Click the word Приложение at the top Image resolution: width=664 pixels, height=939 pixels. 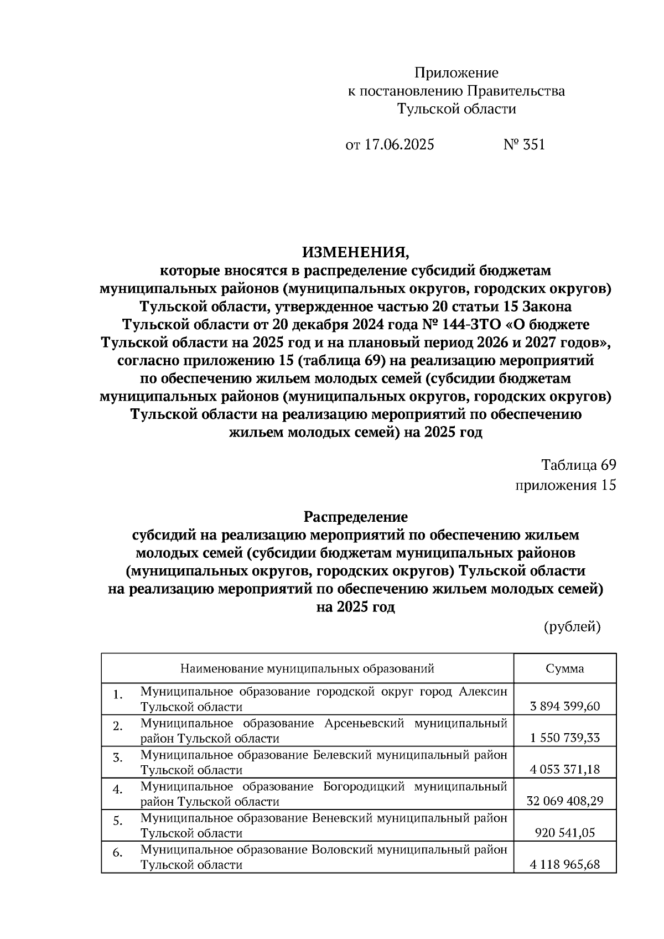pos(456,73)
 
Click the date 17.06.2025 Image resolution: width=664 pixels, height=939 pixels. pos(399,145)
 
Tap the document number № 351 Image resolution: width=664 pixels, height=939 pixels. pos(523,145)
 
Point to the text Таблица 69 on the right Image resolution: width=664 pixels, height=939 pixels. pos(578,465)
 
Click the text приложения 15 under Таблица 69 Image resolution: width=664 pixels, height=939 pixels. pos(566,485)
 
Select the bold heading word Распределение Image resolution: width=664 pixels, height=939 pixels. pos(356,517)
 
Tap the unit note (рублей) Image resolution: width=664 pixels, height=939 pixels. pos(572,626)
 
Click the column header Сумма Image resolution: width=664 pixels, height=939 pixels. pos(564,668)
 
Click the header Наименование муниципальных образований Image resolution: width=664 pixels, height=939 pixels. pos(307,668)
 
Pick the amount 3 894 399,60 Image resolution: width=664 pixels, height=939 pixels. pos(564,707)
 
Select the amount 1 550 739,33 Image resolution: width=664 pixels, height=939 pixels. pos(564,738)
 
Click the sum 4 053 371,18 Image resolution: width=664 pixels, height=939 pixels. pos(564,770)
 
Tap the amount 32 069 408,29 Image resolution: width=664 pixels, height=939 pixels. pos(564,801)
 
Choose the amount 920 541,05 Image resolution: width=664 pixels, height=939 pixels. pos(564,833)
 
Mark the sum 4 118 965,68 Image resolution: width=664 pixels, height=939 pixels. pos(564,864)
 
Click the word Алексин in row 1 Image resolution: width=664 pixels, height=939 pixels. pos(483,692)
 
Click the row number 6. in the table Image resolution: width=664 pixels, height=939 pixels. pos(117,853)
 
